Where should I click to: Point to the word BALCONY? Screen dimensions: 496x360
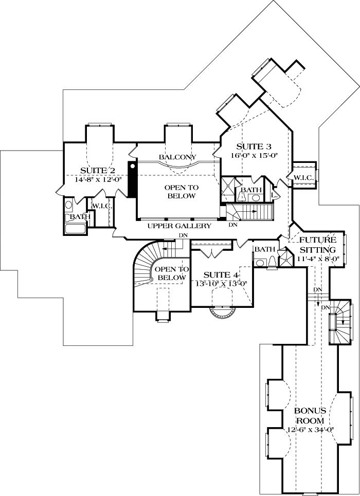tap(178, 157)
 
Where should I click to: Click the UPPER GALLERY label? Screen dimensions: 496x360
tap(179, 226)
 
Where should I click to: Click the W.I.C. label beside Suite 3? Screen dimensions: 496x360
tap(303, 177)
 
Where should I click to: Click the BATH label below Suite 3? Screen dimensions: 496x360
tap(251, 190)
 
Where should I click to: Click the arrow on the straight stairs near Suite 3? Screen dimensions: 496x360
tap(254, 211)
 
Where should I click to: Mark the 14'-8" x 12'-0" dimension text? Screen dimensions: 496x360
tap(97, 180)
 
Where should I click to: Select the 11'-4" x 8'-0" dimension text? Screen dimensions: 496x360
tap(317, 259)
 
